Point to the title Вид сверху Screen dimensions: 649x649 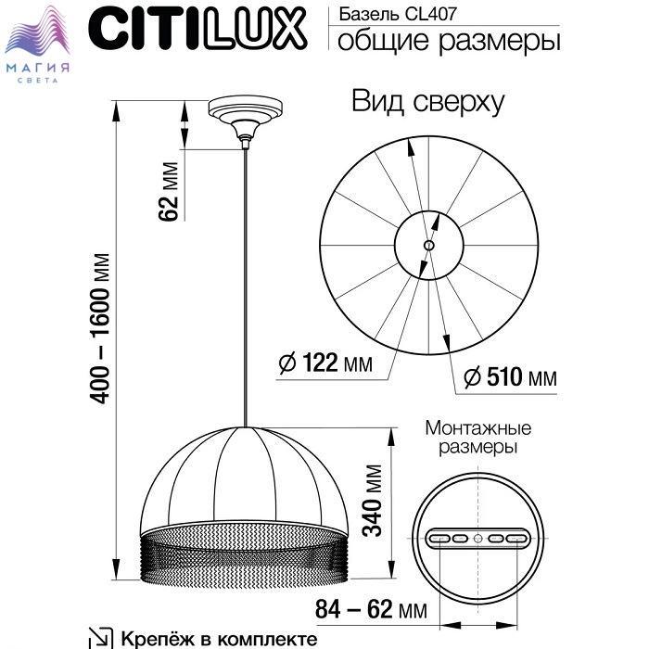[x=427, y=102]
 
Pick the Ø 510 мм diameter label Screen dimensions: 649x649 [x=508, y=377]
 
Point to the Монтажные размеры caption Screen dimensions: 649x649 [x=477, y=438]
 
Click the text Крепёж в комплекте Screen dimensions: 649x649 [x=219, y=639]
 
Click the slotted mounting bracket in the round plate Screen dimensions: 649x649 [x=477, y=539]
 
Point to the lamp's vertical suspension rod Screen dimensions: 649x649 [x=246, y=278]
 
